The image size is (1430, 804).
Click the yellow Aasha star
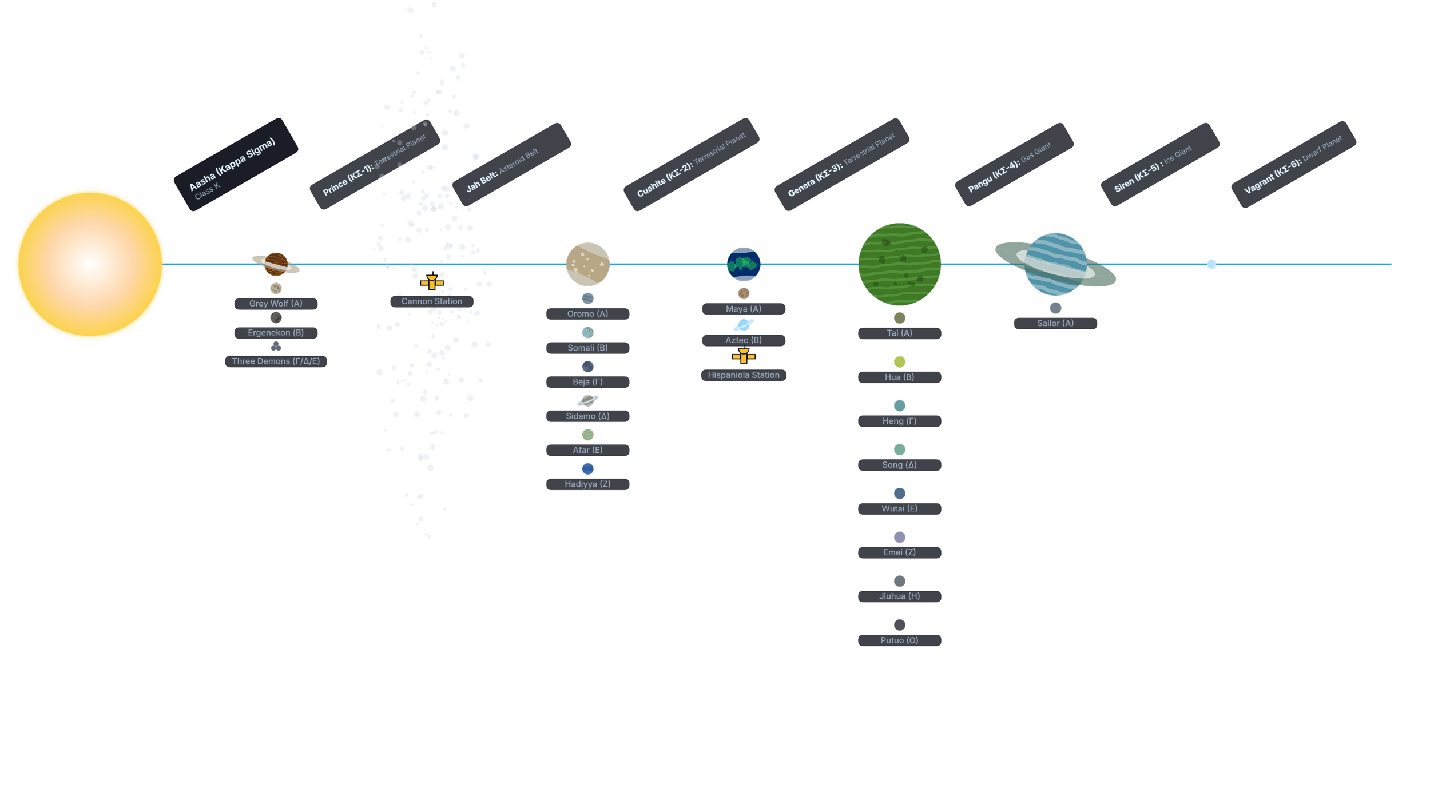click(90, 264)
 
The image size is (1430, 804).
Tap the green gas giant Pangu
click(899, 264)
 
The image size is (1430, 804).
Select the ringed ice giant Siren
click(1055, 264)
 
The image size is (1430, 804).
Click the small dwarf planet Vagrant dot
click(1211, 264)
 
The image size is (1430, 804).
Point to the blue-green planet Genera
click(744, 264)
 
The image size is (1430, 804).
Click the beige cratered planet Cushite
click(587, 264)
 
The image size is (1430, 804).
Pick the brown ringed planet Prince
click(276, 264)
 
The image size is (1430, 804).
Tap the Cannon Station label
click(432, 301)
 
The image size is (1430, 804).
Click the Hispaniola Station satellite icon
click(744, 357)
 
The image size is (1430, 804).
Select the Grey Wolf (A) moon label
click(276, 304)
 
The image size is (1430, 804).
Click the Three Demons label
click(276, 361)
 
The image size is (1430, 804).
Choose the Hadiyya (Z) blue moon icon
click(587, 469)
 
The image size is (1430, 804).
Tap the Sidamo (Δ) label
click(587, 416)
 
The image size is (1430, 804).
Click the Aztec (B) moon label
click(744, 340)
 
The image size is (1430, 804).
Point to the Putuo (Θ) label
click(899, 640)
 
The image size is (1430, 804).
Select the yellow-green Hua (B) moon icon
click(899, 362)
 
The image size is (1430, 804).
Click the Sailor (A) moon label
click(1055, 323)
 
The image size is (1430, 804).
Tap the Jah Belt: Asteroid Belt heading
click(502, 170)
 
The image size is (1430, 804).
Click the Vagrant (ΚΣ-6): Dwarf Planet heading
click(1293, 165)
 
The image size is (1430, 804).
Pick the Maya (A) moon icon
click(744, 293)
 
